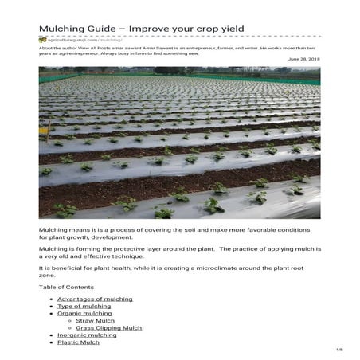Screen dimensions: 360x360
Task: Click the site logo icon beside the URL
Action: (42, 40)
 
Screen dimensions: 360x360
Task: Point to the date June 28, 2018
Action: (303, 59)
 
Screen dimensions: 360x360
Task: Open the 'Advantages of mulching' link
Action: (95, 299)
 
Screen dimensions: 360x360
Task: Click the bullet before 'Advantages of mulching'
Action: (52, 299)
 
